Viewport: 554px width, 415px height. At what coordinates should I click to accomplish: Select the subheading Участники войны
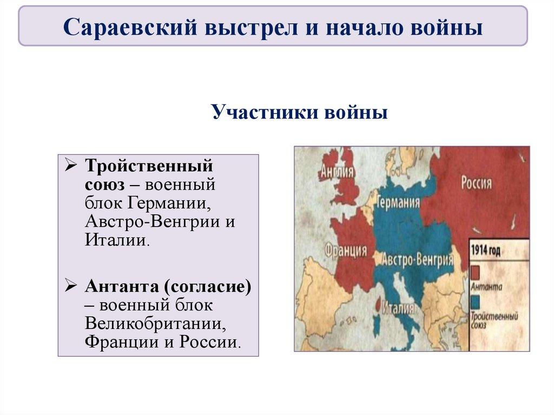pyautogui.click(x=299, y=114)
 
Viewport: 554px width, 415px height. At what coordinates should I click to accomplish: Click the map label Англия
pyautogui.click(x=337, y=172)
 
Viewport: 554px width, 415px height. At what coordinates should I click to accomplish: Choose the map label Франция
pyautogui.click(x=346, y=251)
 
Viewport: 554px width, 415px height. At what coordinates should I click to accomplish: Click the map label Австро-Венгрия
pyautogui.click(x=417, y=260)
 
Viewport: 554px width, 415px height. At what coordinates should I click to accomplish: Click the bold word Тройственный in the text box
pyautogui.click(x=148, y=164)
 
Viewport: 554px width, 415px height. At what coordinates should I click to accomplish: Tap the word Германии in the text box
pyautogui.click(x=169, y=204)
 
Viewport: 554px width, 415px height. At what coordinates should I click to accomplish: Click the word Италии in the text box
pyautogui.click(x=115, y=240)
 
